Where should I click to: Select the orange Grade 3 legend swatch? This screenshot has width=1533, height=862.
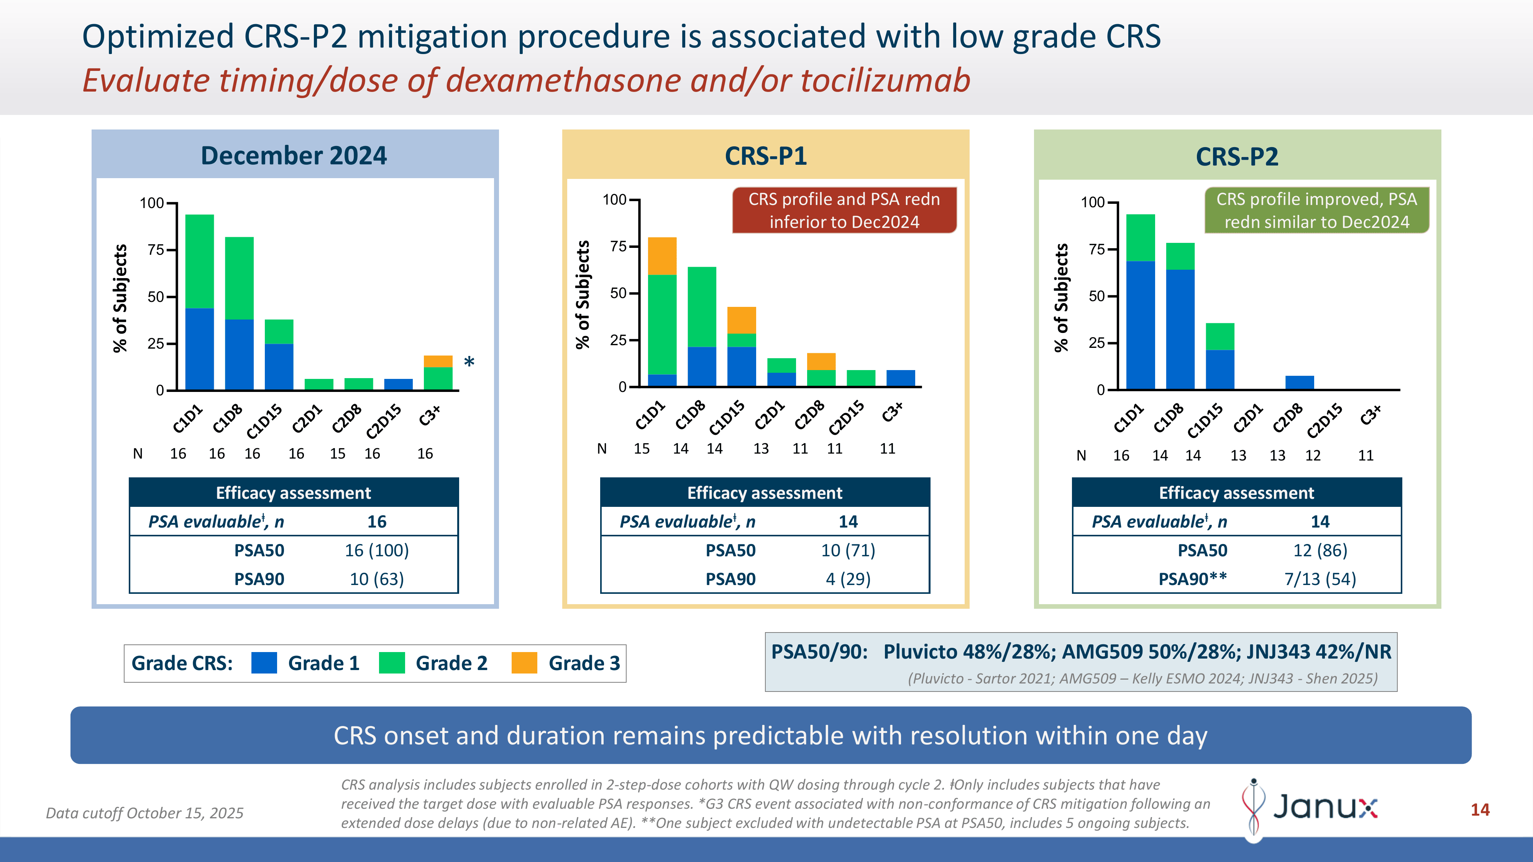pos(524,663)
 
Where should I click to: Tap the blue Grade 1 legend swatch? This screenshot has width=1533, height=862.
pos(264,663)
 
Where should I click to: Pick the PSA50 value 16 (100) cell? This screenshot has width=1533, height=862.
pos(377,550)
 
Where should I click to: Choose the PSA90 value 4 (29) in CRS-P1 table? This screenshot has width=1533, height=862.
pos(848,579)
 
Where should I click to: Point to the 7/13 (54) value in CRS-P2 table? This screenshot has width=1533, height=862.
pos(1320,579)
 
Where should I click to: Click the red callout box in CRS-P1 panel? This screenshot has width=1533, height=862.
pos(844,210)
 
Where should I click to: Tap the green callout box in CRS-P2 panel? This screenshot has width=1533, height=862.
pos(1316,210)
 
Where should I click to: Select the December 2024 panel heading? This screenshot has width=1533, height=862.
pos(294,155)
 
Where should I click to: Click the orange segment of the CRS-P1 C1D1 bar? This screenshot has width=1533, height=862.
pos(662,256)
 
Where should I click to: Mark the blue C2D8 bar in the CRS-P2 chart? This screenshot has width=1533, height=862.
pos(1299,382)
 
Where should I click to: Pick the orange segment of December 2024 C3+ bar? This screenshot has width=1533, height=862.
pos(438,361)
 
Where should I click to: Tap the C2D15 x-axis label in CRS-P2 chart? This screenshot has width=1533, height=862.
pos(1325,420)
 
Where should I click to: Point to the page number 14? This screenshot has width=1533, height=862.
pos(1480,810)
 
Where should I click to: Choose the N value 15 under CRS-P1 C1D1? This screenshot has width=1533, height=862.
pos(642,449)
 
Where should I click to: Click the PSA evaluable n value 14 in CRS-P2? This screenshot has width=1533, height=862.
pos(1320,522)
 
